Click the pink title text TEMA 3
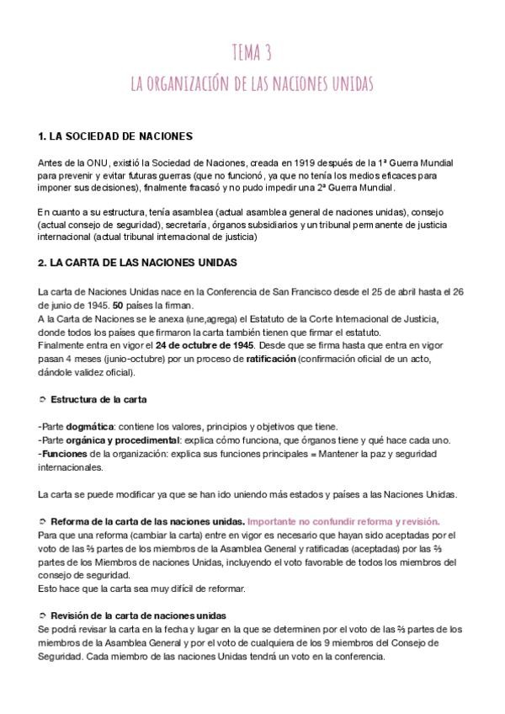click(252, 55)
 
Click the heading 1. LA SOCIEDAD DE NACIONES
click(116, 136)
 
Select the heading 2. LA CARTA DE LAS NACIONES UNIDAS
click(138, 263)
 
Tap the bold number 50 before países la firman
click(119, 305)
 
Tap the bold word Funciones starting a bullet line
click(65, 454)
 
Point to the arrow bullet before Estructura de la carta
click(43, 398)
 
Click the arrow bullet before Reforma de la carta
click(43, 521)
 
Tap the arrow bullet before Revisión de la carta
click(43, 616)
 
